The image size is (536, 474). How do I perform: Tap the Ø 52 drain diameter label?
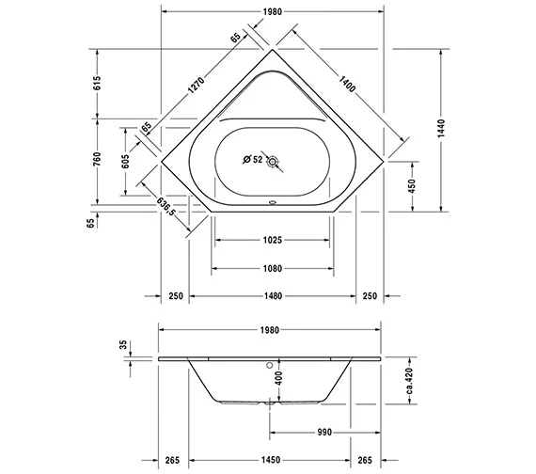(x=251, y=160)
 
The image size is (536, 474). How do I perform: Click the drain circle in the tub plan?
(x=273, y=161)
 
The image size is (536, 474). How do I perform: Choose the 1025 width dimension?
(x=272, y=241)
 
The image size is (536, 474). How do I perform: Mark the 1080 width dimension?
(x=272, y=269)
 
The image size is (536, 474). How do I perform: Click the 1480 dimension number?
(x=272, y=296)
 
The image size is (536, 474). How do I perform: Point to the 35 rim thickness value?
(x=122, y=346)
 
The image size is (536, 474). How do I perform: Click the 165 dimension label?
(x=148, y=126)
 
